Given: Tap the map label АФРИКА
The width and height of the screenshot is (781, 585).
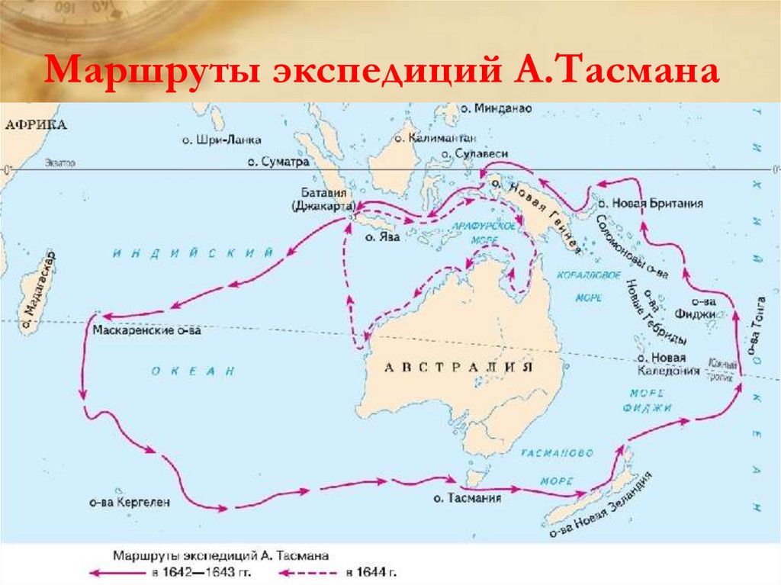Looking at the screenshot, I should point(35,126).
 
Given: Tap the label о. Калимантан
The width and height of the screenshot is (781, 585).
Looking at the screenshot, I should point(435,138).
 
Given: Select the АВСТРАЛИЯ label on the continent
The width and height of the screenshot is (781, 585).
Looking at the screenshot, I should point(456,368).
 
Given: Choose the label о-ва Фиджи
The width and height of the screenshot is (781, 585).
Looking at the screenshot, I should point(693,307).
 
